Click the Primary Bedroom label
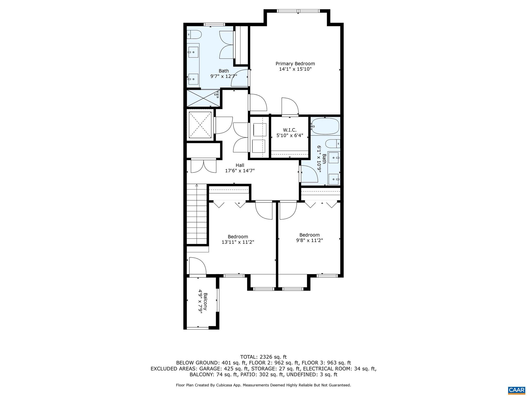click(295, 64)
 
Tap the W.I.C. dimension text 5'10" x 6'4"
click(290, 135)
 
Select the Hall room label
click(240, 165)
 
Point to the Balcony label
click(205, 301)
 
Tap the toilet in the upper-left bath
click(194, 34)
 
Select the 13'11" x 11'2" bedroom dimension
click(238, 242)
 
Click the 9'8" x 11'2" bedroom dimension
click(309, 240)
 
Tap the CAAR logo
click(516, 390)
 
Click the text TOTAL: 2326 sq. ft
click(263, 357)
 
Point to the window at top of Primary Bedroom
click(298, 11)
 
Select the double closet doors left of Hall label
click(203, 166)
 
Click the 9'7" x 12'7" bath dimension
click(224, 76)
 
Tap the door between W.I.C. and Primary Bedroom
click(290, 106)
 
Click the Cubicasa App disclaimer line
click(263, 385)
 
